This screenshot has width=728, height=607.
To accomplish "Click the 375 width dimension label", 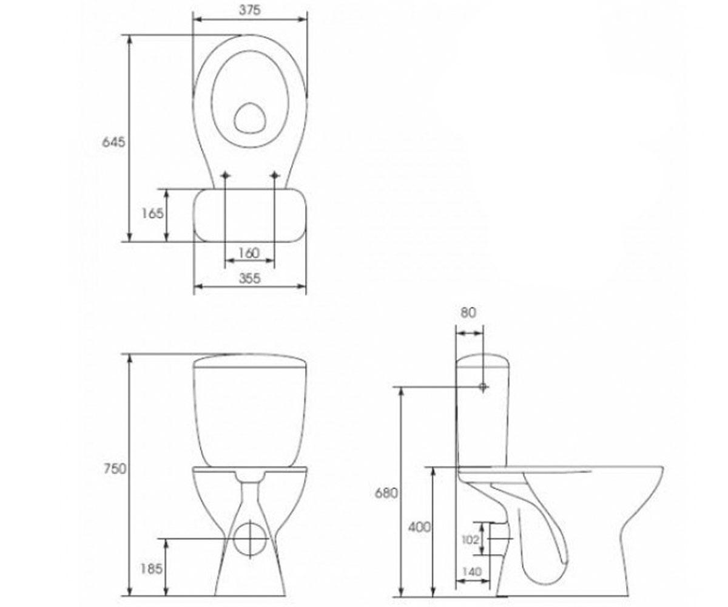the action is [249, 10].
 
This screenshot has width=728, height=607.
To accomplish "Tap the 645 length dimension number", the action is [113, 142].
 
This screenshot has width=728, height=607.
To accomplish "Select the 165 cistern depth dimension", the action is [152, 213].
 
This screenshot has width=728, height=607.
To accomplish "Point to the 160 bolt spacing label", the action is [249, 253].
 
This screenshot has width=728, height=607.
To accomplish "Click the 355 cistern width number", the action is [249, 279].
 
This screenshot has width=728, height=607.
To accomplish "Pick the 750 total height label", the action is [115, 469].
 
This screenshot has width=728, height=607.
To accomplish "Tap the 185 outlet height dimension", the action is [151, 569].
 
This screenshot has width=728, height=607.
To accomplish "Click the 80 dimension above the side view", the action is [468, 313].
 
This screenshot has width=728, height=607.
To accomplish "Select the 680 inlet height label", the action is [386, 493].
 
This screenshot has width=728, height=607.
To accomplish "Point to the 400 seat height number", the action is [419, 527].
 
